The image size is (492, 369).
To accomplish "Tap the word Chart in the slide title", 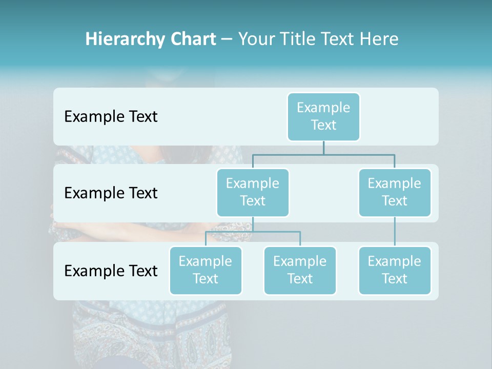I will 193,39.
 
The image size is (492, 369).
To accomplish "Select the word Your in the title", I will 256,39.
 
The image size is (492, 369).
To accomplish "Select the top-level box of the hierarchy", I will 323,116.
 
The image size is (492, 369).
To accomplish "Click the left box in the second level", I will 253,192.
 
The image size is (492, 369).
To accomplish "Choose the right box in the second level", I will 395,192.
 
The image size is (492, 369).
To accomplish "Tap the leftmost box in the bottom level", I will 206,270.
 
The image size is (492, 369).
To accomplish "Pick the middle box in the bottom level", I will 300,270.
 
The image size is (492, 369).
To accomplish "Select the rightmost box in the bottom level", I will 395,270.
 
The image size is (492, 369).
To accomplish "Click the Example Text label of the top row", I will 111,117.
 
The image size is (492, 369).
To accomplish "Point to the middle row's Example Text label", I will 111,193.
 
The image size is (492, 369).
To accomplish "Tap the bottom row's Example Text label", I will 111,271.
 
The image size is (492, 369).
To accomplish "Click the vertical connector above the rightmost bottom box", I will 395,232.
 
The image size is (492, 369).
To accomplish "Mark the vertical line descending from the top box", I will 323,148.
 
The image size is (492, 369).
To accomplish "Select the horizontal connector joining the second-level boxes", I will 323,154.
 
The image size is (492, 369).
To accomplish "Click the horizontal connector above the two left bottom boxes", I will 253,232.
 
